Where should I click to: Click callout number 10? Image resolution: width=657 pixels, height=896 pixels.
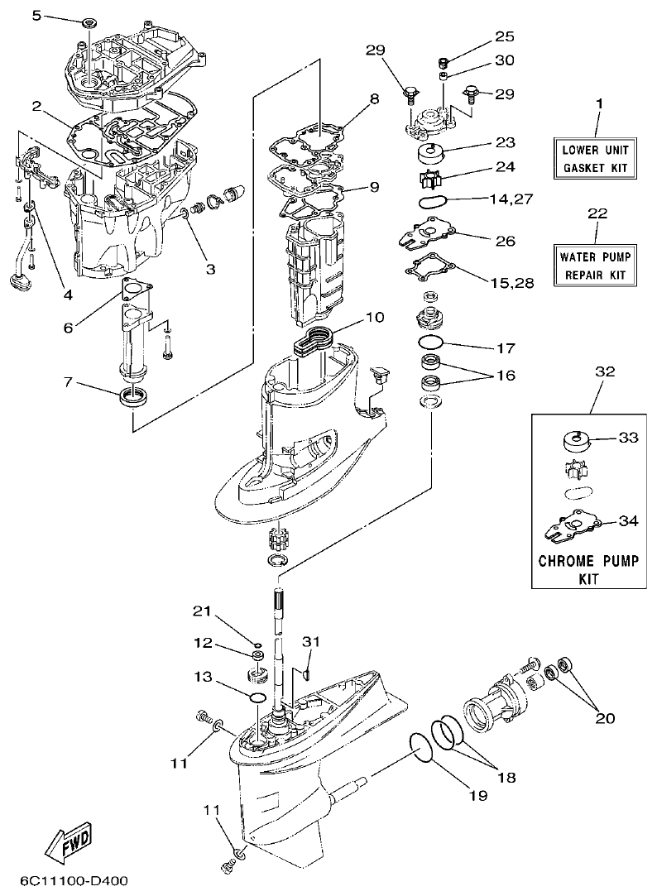374,317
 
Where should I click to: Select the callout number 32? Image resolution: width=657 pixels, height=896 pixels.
606,372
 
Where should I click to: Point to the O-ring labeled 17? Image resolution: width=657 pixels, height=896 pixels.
431,342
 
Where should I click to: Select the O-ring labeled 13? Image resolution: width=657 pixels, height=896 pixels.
257,699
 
